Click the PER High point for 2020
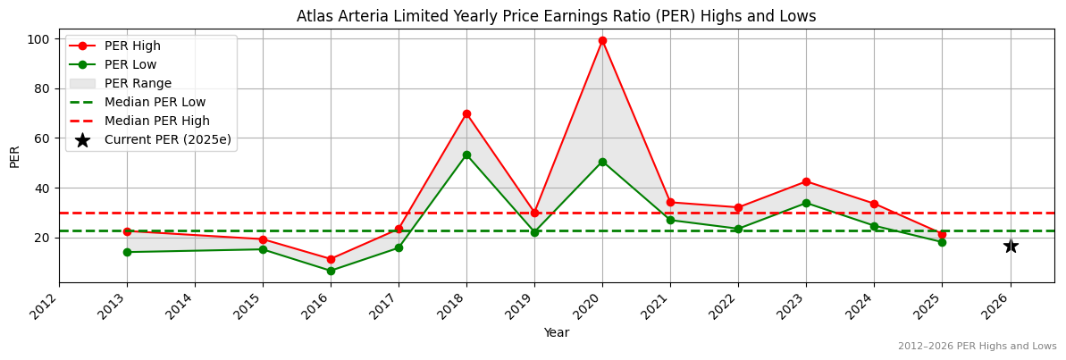click(x=602, y=40)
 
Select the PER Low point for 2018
click(x=466, y=155)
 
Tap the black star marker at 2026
click(x=1010, y=246)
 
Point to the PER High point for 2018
click(x=466, y=113)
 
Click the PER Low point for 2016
click(x=331, y=271)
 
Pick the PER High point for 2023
click(x=806, y=181)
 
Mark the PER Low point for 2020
click(x=602, y=162)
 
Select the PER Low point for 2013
click(x=127, y=252)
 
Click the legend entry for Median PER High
click(x=156, y=121)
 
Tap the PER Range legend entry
click(x=138, y=83)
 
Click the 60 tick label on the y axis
click(x=41, y=138)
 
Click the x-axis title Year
click(x=556, y=332)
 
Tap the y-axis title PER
click(x=14, y=155)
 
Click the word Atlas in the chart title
click(x=315, y=16)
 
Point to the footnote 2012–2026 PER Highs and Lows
click(x=977, y=346)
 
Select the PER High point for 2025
click(x=942, y=234)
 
